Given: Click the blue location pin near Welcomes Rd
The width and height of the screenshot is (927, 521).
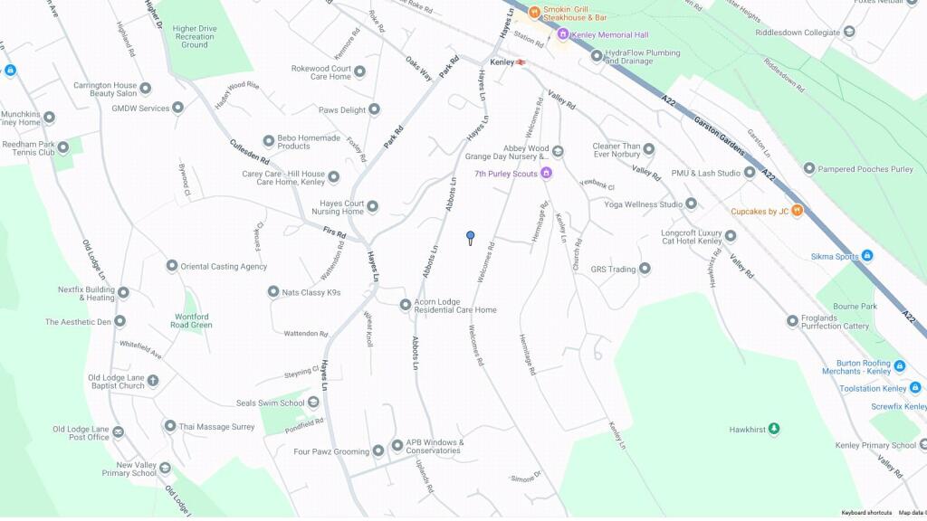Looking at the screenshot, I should pos(470,237).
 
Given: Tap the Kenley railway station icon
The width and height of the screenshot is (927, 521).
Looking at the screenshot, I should pos(521,62).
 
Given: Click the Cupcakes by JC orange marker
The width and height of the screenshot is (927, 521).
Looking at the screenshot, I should pos(797,211).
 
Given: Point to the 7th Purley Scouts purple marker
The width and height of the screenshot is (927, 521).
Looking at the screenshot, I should pos(546,173).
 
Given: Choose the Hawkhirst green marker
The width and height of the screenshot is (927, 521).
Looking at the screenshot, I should pos(774,429).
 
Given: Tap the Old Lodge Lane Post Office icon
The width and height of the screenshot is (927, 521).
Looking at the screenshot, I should pos(118,432).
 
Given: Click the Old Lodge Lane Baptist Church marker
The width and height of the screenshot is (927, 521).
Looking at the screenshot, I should pos(153,381).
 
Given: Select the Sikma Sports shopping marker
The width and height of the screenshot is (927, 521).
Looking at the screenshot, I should pos(867,256).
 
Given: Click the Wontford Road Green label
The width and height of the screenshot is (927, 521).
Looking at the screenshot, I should pos(192,321).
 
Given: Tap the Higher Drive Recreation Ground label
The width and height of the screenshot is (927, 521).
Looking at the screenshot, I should pos(195,36).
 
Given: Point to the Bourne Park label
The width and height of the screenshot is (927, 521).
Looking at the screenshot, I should pos(855,307).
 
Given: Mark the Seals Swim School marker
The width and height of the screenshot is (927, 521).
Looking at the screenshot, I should pos(313,403).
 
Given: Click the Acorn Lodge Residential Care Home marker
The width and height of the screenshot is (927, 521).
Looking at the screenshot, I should pos(406,304).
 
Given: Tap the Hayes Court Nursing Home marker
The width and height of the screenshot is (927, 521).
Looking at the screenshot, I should pos(372,206).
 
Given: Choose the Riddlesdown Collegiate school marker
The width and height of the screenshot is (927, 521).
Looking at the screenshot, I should pos(848,33).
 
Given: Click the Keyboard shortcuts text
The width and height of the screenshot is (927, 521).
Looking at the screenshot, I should pos(866,513).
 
